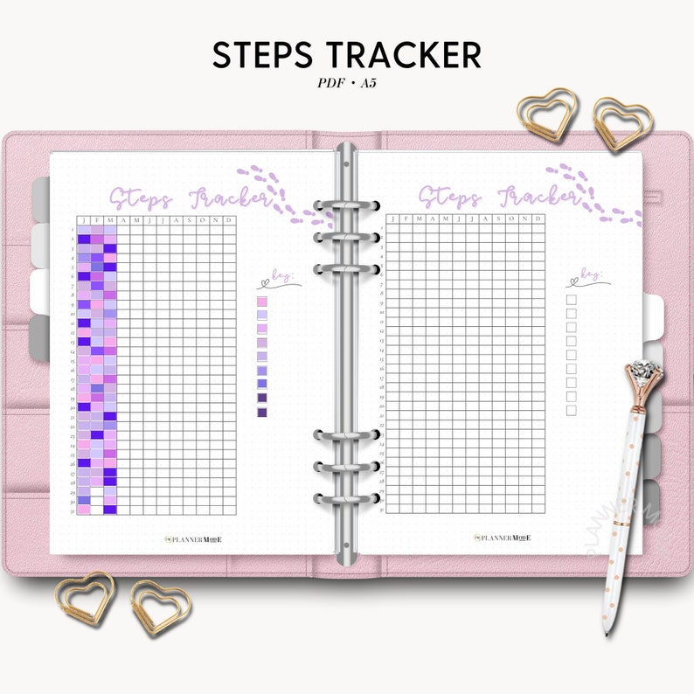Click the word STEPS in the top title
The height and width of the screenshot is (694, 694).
click(x=264, y=54)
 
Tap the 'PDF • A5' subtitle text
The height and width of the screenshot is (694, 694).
click(x=347, y=85)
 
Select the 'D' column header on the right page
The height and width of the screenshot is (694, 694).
click(x=538, y=219)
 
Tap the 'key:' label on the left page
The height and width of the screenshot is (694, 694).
click(x=281, y=279)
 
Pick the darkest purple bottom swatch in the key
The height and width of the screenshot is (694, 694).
click(x=262, y=411)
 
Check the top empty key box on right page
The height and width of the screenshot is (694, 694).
click(x=572, y=300)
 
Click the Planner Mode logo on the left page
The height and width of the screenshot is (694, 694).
click(x=194, y=539)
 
